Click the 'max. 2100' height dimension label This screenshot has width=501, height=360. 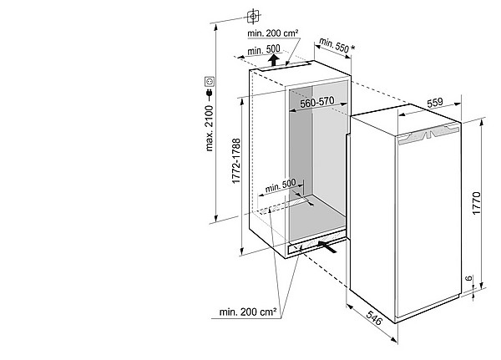click(x=210, y=128)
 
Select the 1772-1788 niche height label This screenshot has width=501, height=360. click(x=236, y=161)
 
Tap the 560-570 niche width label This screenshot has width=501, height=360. click(x=317, y=102)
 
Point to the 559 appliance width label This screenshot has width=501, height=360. click(x=435, y=102)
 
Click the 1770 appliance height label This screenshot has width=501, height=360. click(x=476, y=203)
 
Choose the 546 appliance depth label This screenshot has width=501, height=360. click(x=374, y=317)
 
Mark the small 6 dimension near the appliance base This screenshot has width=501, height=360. click(x=468, y=278)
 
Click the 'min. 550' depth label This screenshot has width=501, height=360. click(x=333, y=45)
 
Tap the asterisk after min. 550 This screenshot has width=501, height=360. click(x=352, y=48)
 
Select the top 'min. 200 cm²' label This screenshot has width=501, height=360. click(x=273, y=33)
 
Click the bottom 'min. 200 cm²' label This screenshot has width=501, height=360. click(x=248, y=312)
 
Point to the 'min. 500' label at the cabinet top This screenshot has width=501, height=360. click(x=264, y=50)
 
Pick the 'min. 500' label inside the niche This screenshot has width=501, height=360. click(x=281, y=185)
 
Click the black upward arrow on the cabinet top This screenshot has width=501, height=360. click(x=273, y=60)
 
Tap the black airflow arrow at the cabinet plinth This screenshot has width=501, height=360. click(x=327, y=246)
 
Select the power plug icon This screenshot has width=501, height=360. click(x=210, y=93)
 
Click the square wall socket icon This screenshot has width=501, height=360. click(x=210, y=82)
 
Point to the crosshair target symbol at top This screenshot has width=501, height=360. click(x=253, y=16)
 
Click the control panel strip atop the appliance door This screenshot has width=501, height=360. click(x=428, y=134)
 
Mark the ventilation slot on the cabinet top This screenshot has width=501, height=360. click(x=284, y=67)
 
